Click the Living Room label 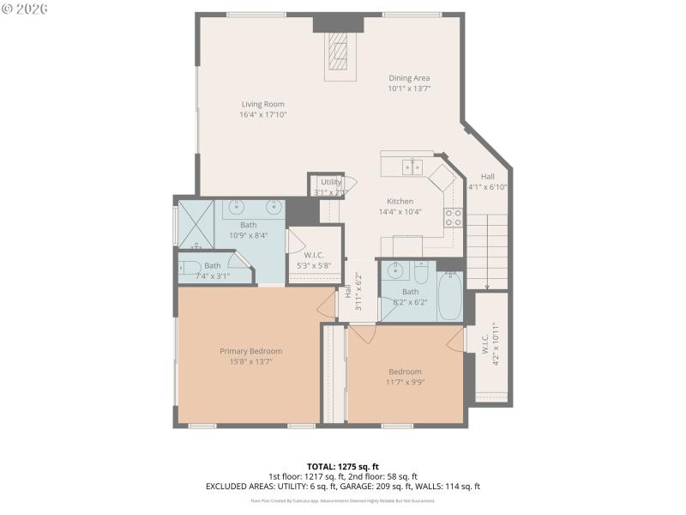(x=262, y=105)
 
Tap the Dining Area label (x=409, y=78)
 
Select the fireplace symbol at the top (x=340, y=55)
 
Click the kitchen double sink (x=412, y=167)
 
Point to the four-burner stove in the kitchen (x=452, y=218)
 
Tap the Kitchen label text (x=400, y=202)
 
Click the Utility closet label (x=331, y=182)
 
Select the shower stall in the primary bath (x=195, y=225)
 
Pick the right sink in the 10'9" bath (x=274, y=206)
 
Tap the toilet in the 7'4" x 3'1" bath (x=190, y=267)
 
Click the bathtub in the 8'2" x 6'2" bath (x=449, y=296)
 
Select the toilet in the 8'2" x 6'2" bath (x=420, y=273)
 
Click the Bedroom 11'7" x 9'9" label (x=405, y=372)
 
